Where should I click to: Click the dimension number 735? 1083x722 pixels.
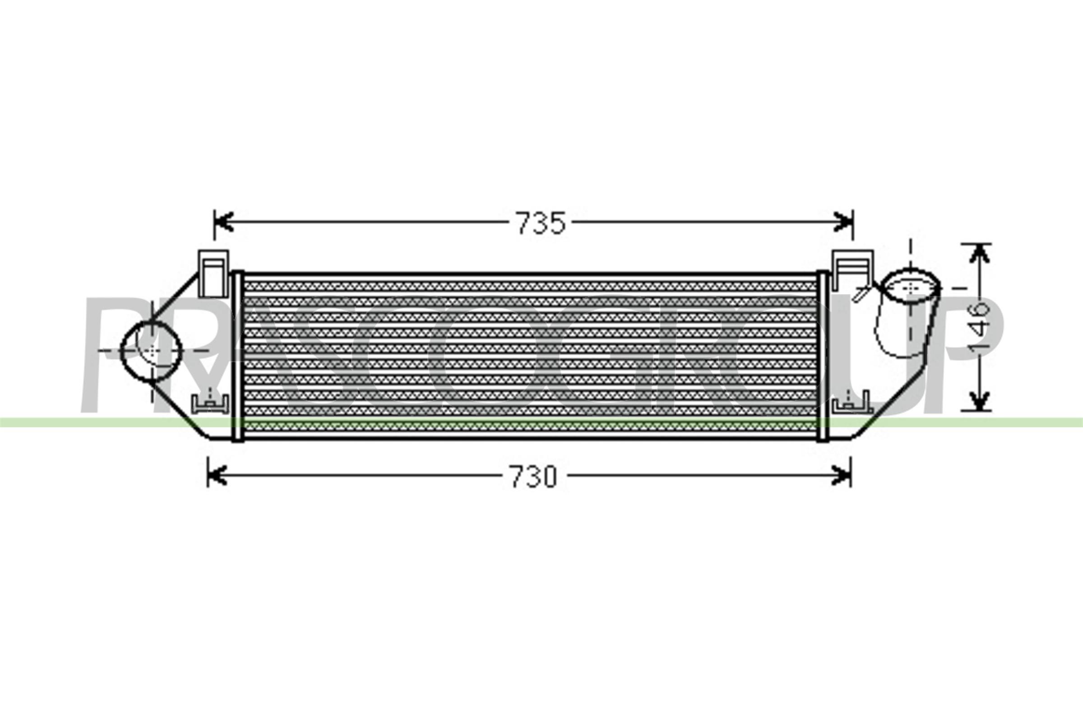click(541, 223)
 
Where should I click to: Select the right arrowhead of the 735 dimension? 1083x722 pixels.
click(843, 222)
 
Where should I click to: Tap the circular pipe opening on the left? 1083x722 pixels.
click(151, 351)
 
